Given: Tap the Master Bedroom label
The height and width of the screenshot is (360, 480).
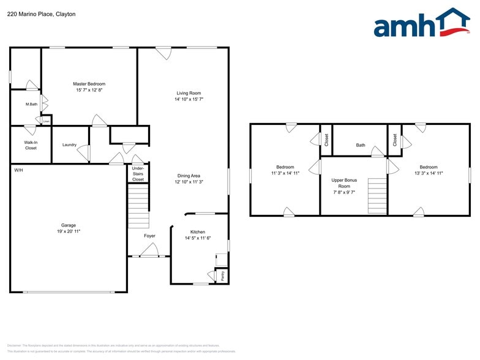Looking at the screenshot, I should click(x=89, y=84).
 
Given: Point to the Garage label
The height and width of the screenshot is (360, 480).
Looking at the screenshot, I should click(x=68, y=225).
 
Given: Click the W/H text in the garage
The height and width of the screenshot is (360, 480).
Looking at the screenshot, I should click(x=18, y=170).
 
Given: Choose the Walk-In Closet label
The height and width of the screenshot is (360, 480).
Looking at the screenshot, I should click(x=31, y=145).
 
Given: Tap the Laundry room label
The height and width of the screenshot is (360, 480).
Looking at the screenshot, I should click(x=69, y=145).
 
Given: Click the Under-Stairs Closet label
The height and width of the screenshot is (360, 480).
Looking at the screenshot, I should click(x=138, y=174).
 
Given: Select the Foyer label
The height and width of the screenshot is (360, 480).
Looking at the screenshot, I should click(x=149, y=236).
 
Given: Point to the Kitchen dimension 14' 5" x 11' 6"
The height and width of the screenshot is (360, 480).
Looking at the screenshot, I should click(x=198, y=238).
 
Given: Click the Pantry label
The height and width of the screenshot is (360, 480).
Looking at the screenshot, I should click(x=222, y=276).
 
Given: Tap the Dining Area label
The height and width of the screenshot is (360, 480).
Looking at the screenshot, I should click(x=189, y=175).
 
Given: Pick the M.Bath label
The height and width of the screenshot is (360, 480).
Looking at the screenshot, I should click(x=32, y=104).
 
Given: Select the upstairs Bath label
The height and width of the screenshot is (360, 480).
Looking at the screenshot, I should click(x=361, y=145).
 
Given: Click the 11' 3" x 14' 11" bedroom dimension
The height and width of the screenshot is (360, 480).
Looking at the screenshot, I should click(x=285, y=173).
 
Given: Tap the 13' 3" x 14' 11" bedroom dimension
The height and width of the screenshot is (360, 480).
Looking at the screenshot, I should click(x=429, y=173).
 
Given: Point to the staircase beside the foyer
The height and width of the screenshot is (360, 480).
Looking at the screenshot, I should click(x=138, y=205).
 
